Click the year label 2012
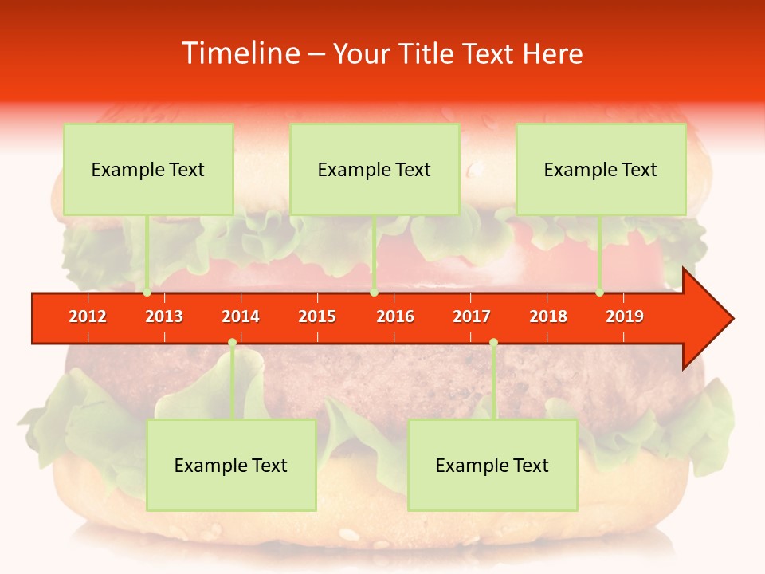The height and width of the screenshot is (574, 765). tap(88, 316)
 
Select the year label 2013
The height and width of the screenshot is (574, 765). tap(164, 316)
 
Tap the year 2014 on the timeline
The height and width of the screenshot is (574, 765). tap(241, 316)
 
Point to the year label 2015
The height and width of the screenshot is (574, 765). tap(317, 316)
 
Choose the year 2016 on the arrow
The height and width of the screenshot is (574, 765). tap(395, 316)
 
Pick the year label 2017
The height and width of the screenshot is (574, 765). tap(472, 316)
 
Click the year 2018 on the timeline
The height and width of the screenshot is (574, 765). tap(548, 316)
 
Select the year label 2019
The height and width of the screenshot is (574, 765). tap(625, 316)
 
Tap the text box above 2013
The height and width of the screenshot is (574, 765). tap(148, 169)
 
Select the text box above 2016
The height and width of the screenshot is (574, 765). tap(375, 169)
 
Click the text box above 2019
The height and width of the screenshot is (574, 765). tap(601, 169)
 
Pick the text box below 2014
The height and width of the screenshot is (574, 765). tap(231, 465)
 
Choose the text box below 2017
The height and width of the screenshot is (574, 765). tap(492, 465)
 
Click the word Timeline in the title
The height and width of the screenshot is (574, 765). tap(240, 53)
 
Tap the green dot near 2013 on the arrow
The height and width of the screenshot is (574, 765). tap(147, 293)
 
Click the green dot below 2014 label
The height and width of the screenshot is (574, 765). tap(232, 343)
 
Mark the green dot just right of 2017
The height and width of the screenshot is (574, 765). tap(493, 343)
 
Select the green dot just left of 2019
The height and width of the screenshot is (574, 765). tap(600, 293)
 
